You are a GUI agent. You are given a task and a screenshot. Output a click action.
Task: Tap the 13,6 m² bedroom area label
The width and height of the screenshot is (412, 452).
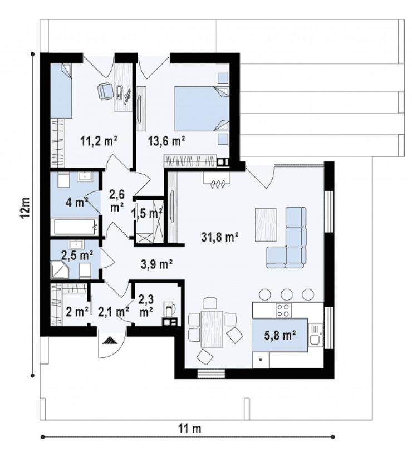coord(166,141)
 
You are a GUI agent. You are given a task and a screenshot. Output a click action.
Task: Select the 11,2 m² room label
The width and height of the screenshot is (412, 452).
coord(99,141)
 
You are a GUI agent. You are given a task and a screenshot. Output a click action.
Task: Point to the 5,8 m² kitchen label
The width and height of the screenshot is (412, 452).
coord(280,335)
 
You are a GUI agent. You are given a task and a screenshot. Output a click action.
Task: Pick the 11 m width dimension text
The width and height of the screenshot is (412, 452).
coord(189,429)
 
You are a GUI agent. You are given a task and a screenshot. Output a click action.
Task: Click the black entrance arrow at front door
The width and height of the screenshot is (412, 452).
coord(110,340)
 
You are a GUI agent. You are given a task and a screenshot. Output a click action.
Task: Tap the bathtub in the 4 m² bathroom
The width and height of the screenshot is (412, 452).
coord(75,227)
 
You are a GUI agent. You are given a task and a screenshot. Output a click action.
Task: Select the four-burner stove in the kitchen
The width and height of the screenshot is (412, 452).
coord(283,310)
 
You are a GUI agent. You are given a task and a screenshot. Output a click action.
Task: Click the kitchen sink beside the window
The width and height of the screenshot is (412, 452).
coord(316,335)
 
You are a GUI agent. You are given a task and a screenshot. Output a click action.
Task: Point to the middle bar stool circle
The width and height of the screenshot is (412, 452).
coord(287,294)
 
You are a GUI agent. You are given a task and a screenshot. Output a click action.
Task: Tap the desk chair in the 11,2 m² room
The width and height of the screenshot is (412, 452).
coord(105,91)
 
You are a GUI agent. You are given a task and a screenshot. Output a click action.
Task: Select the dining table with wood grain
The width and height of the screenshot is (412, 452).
coord(212,329)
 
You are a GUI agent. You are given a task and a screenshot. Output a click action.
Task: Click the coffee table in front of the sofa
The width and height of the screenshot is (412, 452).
coord(266,225)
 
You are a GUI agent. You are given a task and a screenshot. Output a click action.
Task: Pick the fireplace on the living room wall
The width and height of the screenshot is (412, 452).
coord(217,180)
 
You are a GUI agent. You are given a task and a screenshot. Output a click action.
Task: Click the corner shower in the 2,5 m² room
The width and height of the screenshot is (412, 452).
coord(60,270)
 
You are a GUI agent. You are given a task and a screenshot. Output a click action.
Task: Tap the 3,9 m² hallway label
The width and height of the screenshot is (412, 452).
coord(156,264)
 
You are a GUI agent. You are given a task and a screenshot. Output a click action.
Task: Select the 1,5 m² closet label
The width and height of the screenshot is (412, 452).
coord(147,214)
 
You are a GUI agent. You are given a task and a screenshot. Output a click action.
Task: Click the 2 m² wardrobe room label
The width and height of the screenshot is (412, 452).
coord(77,312)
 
